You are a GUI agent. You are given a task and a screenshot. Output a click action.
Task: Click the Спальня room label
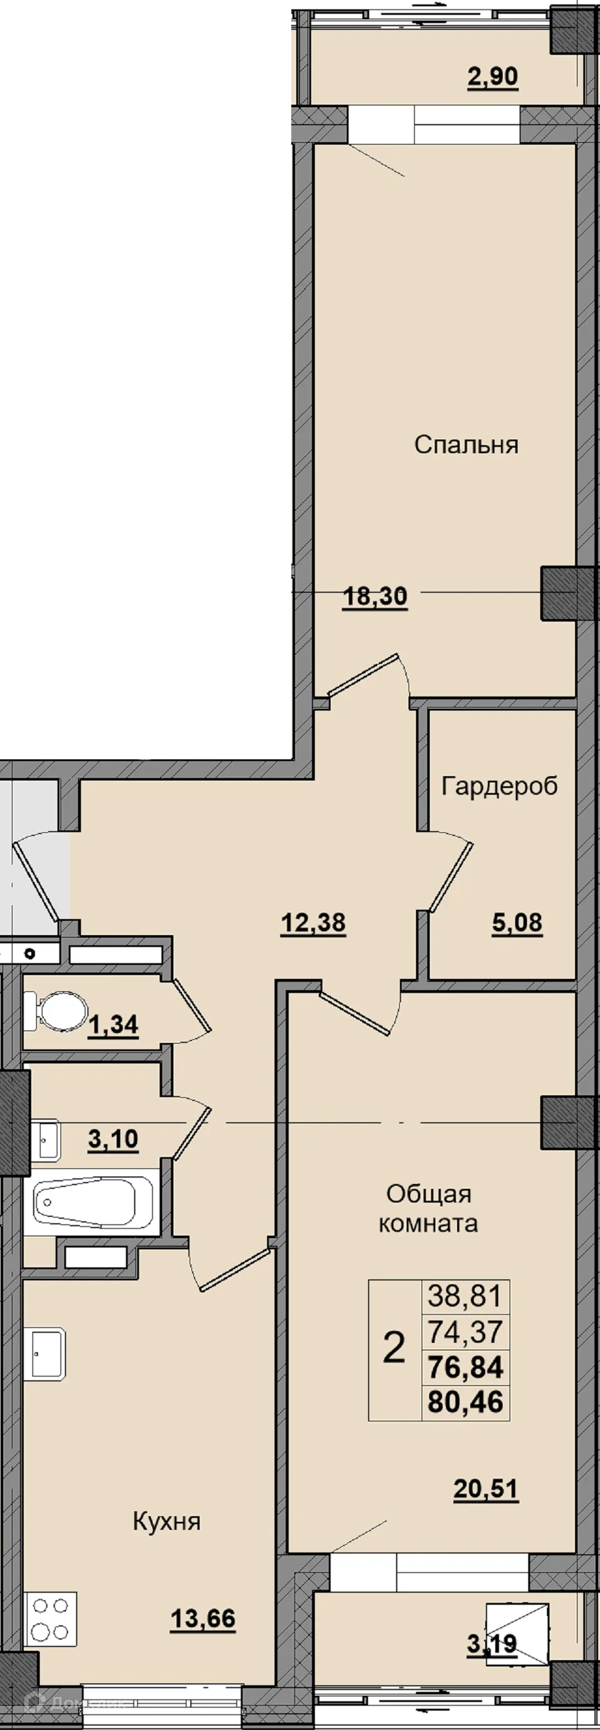click(x=466, y=445)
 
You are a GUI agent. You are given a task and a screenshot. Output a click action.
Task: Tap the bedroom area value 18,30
click(x=375, y=596)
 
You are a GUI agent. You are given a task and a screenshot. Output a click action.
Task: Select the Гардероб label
click(x=499, y=785)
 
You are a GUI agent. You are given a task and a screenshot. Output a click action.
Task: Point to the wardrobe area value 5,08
click(x=516, y=923)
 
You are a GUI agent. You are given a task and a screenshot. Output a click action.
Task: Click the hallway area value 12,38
click(x=313, y=923)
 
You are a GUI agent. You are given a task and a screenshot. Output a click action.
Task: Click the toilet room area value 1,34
click(x=114, y=1025)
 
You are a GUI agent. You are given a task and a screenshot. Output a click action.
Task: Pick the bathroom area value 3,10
click(x=114, y=1139)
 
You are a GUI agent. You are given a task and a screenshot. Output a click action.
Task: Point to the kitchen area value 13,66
click(x=203, y=1619)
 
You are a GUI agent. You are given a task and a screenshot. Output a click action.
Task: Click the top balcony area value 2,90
click(x=493, y=77)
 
